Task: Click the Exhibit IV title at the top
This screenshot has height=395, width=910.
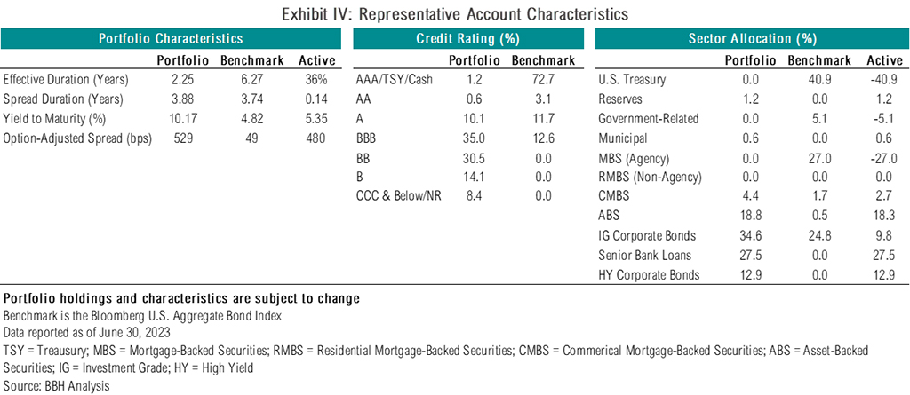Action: pyautogui.click(x=454, y=14)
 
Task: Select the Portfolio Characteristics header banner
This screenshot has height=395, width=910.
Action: pyautogui.click(x=171, y=39)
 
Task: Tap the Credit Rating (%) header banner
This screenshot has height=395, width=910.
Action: pyautogui.click(x=467, y=39)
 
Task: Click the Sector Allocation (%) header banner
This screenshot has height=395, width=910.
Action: pyautogui.click(x=752, y=39)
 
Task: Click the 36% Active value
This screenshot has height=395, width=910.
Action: pyautogui.click(x=318, y=78)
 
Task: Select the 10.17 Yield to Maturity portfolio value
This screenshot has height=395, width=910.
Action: pyautogui.click(x=182, y=118)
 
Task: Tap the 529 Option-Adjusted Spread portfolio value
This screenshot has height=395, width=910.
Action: pyautogui.click(x=182, y=138)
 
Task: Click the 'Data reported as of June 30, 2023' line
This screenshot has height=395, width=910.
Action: pyautogui.click(x=81, y=333)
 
